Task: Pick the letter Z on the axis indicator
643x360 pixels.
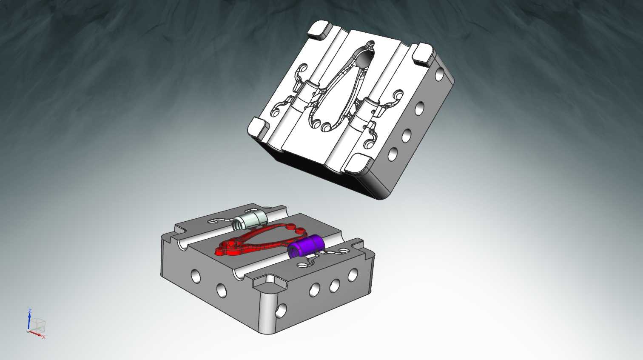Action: click(30, 311)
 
